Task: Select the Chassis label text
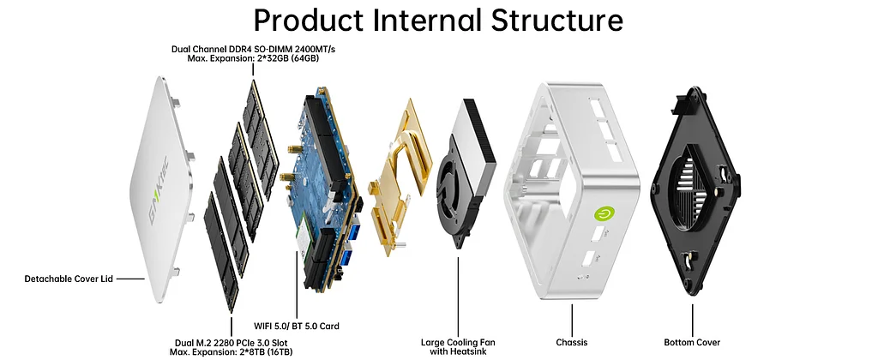coord(571,342)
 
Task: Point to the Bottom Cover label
coord(692,342)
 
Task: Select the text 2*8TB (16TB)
coord(244,352)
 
